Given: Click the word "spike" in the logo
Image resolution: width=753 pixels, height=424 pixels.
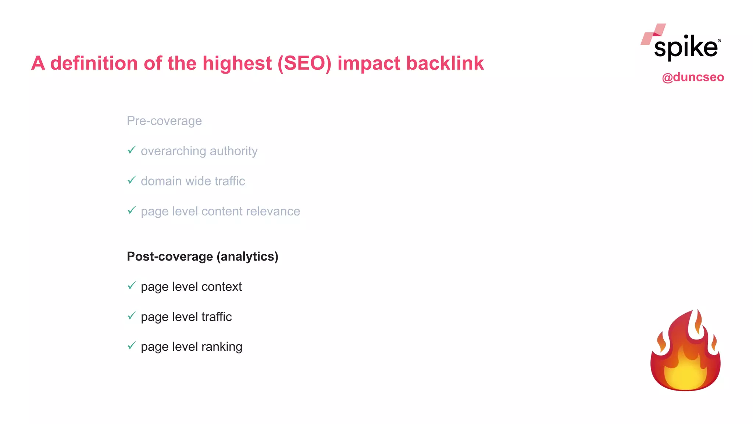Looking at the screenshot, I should pos(686,48).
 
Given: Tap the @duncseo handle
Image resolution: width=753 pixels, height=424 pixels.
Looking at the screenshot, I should pos(693,77).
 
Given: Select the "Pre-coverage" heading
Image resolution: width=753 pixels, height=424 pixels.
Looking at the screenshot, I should pos(164,121).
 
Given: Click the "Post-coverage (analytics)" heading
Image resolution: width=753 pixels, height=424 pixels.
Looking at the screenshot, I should pos(202,257).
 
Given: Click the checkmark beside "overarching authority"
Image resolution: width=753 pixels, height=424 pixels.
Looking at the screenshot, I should pos(132,150).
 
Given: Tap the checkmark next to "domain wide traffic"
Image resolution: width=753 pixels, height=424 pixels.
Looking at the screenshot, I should pos(132,180).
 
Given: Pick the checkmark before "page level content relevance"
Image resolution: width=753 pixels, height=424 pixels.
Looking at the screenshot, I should pos(132,211).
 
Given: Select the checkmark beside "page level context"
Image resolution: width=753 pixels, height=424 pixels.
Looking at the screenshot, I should pos(132,286).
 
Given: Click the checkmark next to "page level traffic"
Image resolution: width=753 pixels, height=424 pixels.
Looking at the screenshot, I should pos(132,316).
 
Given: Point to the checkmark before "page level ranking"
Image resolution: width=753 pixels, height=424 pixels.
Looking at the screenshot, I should pos(132,346).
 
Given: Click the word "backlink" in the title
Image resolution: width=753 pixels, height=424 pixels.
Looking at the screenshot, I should pos(445,63).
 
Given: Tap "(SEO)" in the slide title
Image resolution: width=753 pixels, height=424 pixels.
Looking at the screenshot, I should pos(304,63).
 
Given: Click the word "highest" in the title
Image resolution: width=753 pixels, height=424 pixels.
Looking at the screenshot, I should pos(237,63).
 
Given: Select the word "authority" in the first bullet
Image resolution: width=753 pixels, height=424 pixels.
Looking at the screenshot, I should pos(233,151).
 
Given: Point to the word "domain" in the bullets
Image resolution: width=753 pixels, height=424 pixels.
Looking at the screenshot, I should pos(161,181).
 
